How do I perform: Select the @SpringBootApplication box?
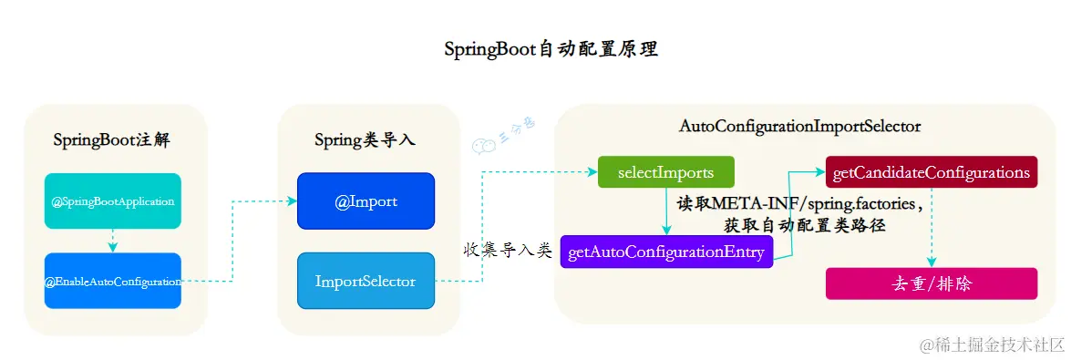pos(113,201)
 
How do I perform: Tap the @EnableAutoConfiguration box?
pos(113,281)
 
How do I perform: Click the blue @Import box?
pos(366,201)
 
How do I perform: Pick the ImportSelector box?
pos(366,281)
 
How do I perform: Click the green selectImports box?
pos(665,172)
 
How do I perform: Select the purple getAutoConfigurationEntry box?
pos(666,251)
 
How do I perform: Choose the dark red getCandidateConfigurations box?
pos(931,172)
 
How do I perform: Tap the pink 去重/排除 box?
pos(931,283)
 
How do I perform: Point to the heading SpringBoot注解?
pos(112,140)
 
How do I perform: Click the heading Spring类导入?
pos(365,140)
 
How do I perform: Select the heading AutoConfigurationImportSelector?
pos(799,126)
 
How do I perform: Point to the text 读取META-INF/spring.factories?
pos(798,202)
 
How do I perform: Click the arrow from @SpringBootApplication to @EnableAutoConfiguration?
pos(113,241)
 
